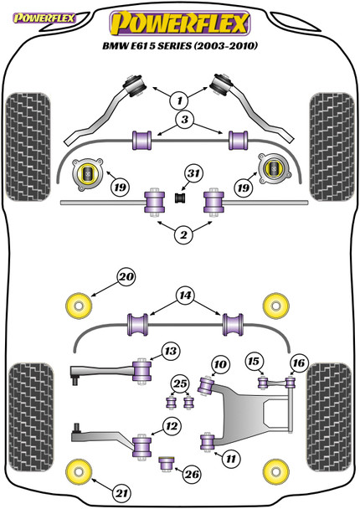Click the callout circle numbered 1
point(179,100)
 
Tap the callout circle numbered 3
point(184,120)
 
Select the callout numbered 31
point(193,173)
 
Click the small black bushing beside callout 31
point(180,198)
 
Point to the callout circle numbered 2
point(183,234)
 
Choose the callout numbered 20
point(126,277)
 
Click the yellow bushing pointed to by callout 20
point(79,306)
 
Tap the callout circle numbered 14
point(185,296)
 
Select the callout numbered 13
point(171,352)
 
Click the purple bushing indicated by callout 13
point(142,371)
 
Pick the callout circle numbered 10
point(220,364)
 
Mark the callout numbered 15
point(254,362)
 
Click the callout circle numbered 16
point(299,362)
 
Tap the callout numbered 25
point(180,384)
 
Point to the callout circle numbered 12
point(172,426)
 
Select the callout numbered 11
point(230,459)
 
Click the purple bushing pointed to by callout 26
point(167,464)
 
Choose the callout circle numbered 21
point(121,493)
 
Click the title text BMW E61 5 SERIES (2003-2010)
point(180,46)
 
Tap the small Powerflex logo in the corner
point(44,18)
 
